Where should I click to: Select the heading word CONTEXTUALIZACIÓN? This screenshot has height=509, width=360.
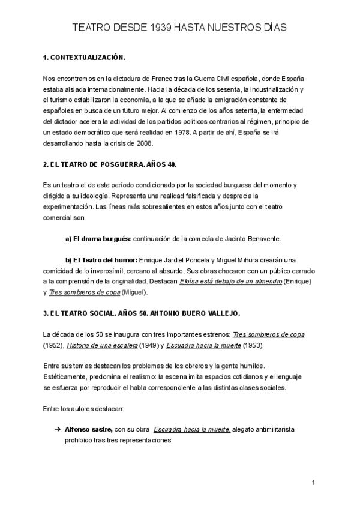point(89,58)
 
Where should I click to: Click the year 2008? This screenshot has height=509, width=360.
point(145,144)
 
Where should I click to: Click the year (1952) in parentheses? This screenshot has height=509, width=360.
point(53,345)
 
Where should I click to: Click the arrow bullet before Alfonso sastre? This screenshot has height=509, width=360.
point(58,430)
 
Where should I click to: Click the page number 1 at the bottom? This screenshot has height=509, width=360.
point(313,483)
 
